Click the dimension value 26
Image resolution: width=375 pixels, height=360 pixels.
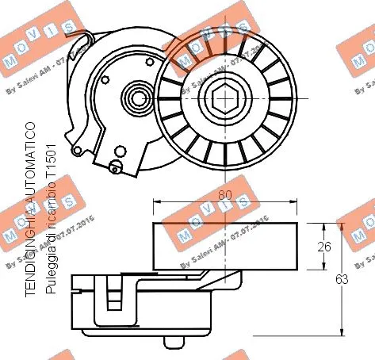point(322,247)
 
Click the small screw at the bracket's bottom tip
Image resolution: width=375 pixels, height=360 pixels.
point(116,166)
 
